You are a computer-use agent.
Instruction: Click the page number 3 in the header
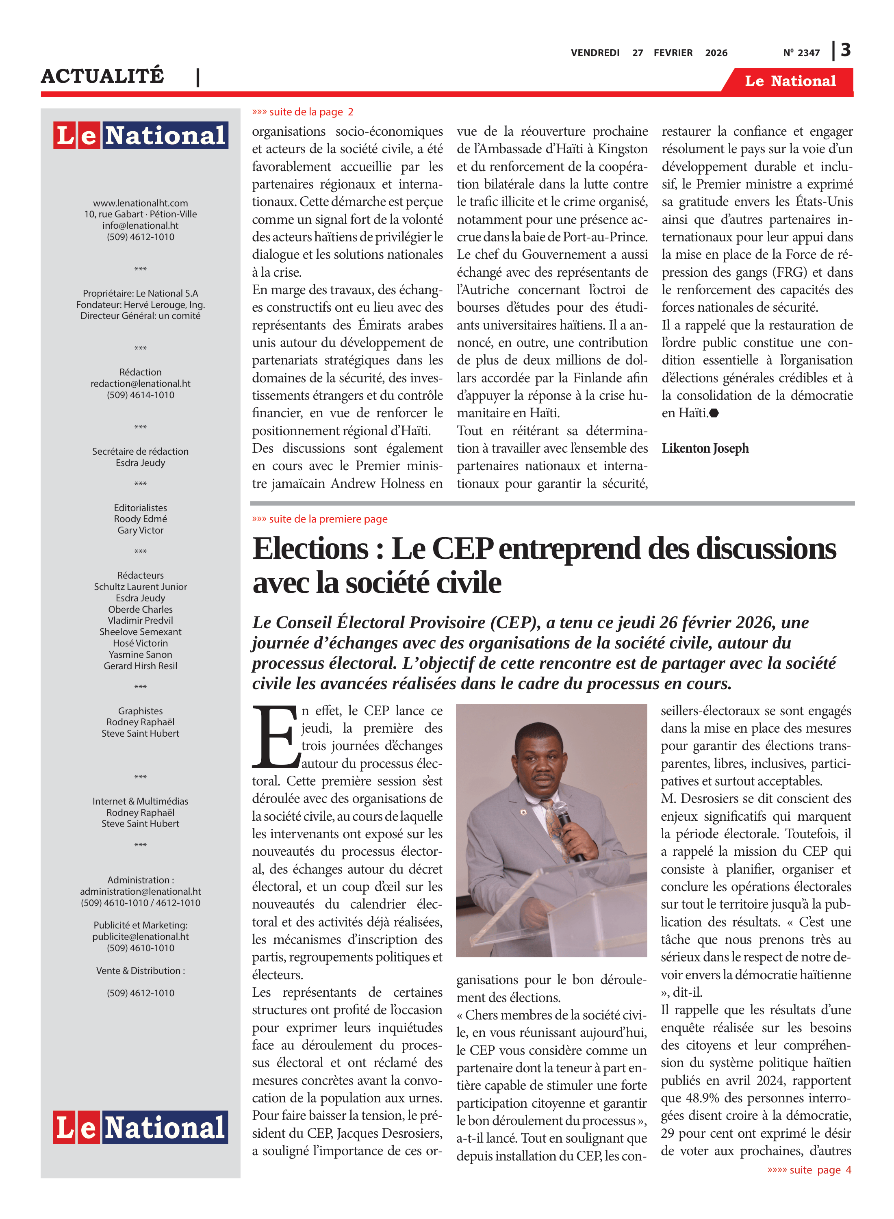point(846,50)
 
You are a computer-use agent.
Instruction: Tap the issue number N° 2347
point(801,53)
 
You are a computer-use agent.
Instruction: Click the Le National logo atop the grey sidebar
point(141,135)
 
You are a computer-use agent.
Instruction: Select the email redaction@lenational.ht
point(141,384)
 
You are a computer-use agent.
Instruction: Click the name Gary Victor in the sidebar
point(141,530)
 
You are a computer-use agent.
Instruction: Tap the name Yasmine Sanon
point(141,655)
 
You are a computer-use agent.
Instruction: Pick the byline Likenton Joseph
point(705,449)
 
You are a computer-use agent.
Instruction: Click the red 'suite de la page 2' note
point(303,112)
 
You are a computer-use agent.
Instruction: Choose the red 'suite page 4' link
point(809,1170)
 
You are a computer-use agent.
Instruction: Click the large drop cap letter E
point(276,737)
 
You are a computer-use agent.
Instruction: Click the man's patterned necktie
point(553,822)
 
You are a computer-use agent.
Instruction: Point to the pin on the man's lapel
point(523,812)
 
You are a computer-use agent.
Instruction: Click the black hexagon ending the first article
point(714,413)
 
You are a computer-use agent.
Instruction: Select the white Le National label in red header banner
point(790,81)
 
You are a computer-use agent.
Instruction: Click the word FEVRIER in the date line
point(673,53)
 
